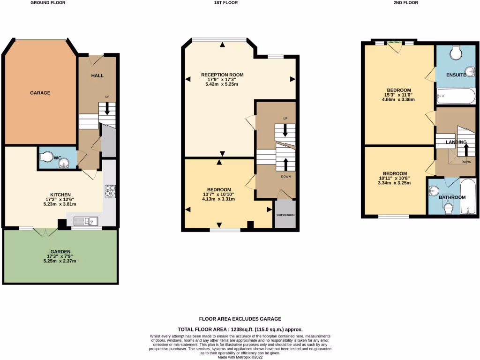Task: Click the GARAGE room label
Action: (40, 93)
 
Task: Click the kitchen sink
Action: (87, 221)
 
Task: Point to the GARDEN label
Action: (61, 251)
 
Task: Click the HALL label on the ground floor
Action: (97, 75)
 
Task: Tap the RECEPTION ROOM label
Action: (222, 75)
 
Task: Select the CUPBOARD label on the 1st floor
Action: (285, 215)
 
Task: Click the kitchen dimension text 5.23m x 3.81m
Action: (60, 204)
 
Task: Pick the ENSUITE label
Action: (455, 75)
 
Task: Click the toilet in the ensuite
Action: (456, 52)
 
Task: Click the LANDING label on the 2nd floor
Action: (456, 142)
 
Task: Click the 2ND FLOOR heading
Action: (405, 3)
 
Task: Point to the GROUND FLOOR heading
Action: (48, 3)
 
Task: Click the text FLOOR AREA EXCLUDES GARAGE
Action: (240, 319)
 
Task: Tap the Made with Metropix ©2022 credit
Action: (240, 357)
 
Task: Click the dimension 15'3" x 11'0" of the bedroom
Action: (399, 95)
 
